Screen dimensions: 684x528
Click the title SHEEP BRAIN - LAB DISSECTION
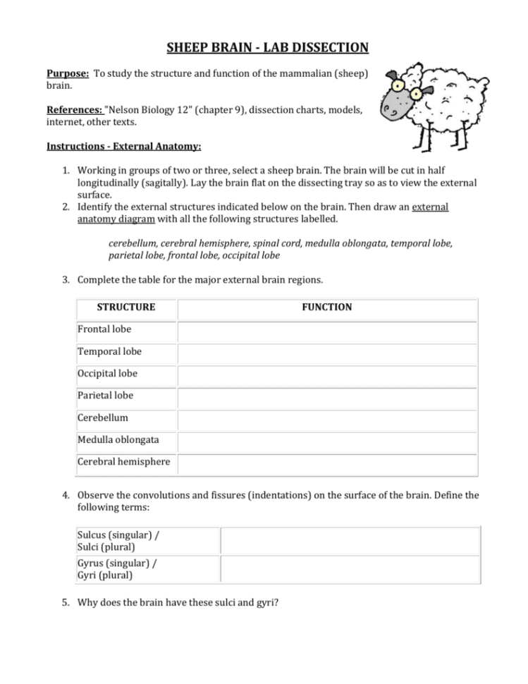[267, 48]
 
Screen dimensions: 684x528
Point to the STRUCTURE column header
[126, 307]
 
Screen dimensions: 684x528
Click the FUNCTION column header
[327, 307]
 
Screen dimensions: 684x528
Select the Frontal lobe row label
[104, 329]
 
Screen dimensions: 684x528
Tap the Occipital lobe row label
[108, 373]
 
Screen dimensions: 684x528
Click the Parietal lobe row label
[106, 396]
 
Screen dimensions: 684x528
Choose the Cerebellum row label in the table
[103, 417]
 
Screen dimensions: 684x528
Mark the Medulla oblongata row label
[118, 439]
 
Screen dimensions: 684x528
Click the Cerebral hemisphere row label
[124, 462]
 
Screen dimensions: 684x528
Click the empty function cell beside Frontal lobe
[327, 330]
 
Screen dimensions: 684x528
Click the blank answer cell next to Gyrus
[350, 569]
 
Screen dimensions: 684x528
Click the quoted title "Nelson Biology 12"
[147, 110]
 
